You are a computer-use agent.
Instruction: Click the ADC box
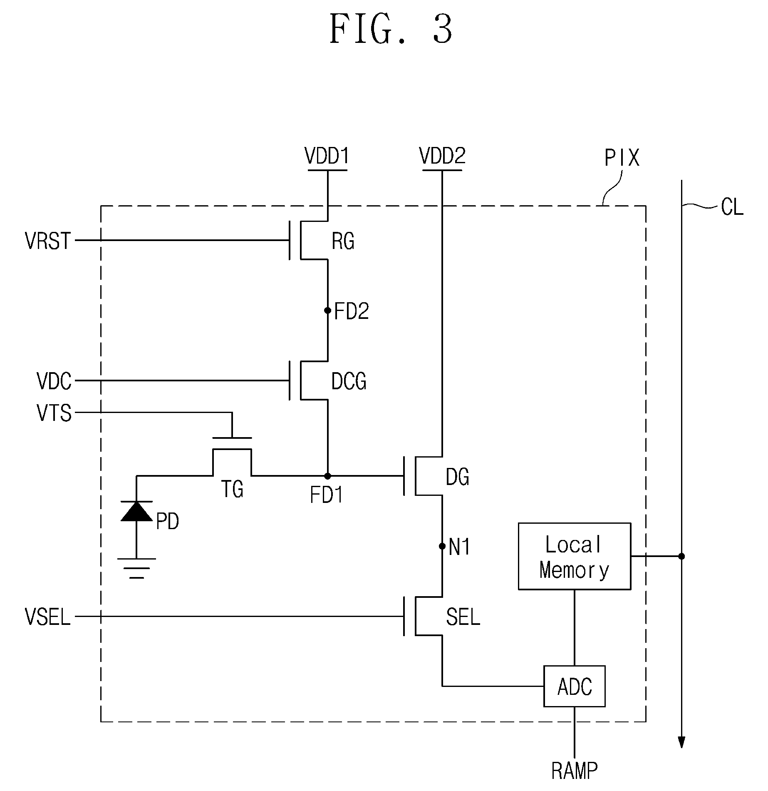pos(574,687)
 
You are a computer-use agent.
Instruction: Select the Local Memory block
pos(574,556)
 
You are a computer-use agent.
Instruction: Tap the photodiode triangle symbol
pos(136,511)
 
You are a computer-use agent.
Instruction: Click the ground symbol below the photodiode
pos(136,569)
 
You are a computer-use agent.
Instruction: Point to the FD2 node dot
pos(327,310)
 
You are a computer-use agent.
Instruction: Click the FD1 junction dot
pos(327,475)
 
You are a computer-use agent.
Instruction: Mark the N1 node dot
pos(442,546)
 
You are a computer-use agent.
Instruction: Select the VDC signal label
pos(54,381)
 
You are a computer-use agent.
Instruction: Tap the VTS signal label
pos(54,413)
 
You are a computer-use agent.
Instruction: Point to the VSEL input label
pos(48,617)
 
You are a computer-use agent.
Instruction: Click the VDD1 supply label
pos(327,156)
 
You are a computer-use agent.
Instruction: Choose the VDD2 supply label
pos(442,156)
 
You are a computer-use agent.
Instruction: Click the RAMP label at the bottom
pos(575,771)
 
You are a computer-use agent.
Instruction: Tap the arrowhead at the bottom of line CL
pos(681,742)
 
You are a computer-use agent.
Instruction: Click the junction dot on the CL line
pos(681,556)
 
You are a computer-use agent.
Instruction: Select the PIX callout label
pos(622,158)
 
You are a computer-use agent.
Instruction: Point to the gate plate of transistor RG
pos(290,240)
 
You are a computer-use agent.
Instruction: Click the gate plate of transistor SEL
pos(404,616)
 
